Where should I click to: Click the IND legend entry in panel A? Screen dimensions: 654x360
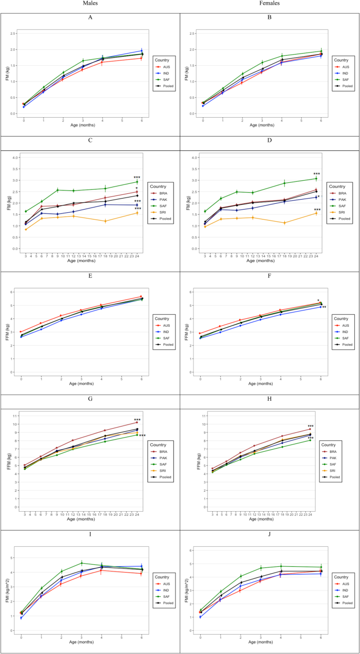coord(166,72)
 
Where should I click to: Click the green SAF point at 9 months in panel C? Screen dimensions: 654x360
coord(57,190)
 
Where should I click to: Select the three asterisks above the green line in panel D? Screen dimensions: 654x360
coord(316,174)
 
